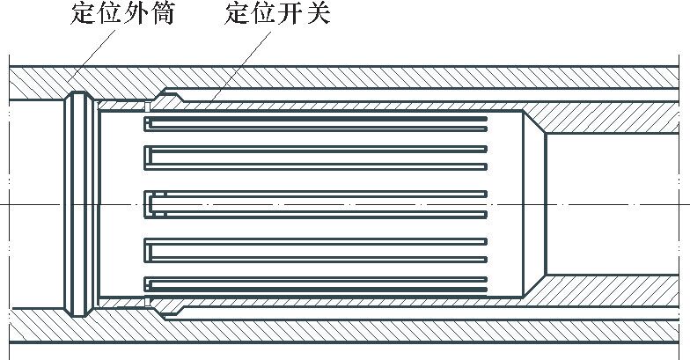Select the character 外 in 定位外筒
click(136, 16)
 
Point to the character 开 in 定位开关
click(291, 16)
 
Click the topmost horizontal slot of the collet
click(317, 119)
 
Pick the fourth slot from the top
click(317, 250)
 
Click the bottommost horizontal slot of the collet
click(317, 285)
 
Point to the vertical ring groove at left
click(82, 204)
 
